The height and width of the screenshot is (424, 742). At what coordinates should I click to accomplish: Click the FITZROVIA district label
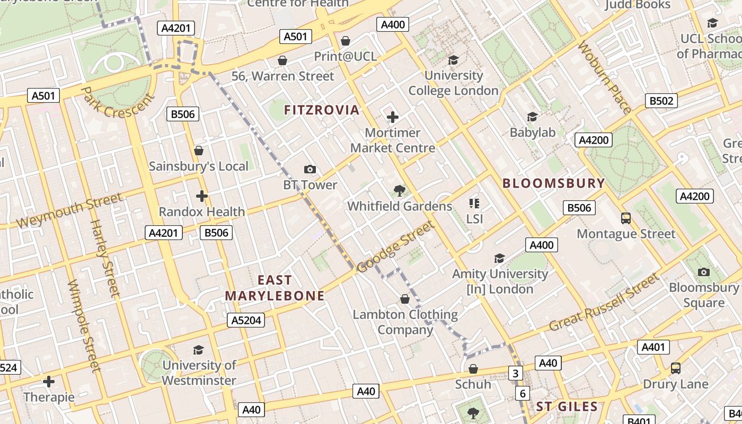322,110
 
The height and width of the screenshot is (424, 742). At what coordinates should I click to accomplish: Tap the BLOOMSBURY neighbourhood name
553,183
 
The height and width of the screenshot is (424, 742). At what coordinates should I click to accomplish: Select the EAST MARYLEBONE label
275,288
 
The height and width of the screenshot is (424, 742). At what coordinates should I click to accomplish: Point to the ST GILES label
567,407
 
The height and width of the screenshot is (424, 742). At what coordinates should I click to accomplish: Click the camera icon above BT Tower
310,169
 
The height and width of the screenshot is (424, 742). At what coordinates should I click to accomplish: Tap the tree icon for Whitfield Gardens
399,190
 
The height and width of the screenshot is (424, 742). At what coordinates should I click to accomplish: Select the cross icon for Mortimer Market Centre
393,117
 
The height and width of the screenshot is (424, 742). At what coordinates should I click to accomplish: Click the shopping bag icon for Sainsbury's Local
199,151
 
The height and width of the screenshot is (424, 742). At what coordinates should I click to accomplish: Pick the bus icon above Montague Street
626,218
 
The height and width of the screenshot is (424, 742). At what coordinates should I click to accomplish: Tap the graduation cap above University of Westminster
198,350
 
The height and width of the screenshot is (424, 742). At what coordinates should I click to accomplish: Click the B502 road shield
661,101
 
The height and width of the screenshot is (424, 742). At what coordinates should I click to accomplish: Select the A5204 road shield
245,320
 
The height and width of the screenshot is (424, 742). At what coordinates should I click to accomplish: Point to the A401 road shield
653,347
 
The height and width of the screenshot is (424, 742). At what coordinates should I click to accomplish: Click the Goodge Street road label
395,247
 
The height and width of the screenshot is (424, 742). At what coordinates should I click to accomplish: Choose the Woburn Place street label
605,77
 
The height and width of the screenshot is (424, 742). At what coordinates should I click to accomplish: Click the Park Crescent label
118,104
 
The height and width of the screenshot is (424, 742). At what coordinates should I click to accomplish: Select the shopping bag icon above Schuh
473,368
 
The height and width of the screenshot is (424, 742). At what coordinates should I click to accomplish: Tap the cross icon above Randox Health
201,196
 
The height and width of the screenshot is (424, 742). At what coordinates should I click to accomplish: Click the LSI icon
474,203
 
